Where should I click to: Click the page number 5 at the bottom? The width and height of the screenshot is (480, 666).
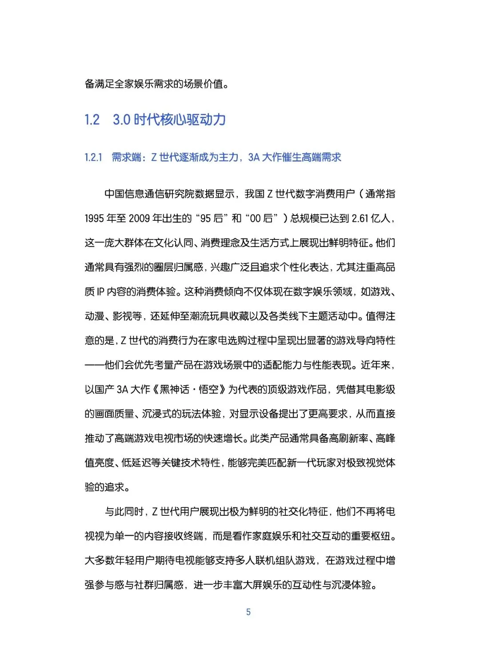point(248,612)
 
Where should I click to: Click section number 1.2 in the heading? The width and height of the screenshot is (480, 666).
point(92,120)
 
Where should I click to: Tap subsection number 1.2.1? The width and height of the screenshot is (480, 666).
point(93,157)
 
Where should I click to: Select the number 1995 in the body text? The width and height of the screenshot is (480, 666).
point(94,219)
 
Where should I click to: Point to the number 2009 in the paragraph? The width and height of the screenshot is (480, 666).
point(139,219)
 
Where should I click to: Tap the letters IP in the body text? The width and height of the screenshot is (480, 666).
point(100,292)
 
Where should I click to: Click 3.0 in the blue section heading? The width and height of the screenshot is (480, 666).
point(121,120)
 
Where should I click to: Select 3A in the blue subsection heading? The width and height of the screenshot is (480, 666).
point(254,157)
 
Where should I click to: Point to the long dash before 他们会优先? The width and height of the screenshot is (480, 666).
point(94,365)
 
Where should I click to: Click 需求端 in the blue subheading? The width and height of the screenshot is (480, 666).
point(126,157)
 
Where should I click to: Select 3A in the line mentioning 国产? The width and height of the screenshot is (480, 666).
point(122,390)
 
